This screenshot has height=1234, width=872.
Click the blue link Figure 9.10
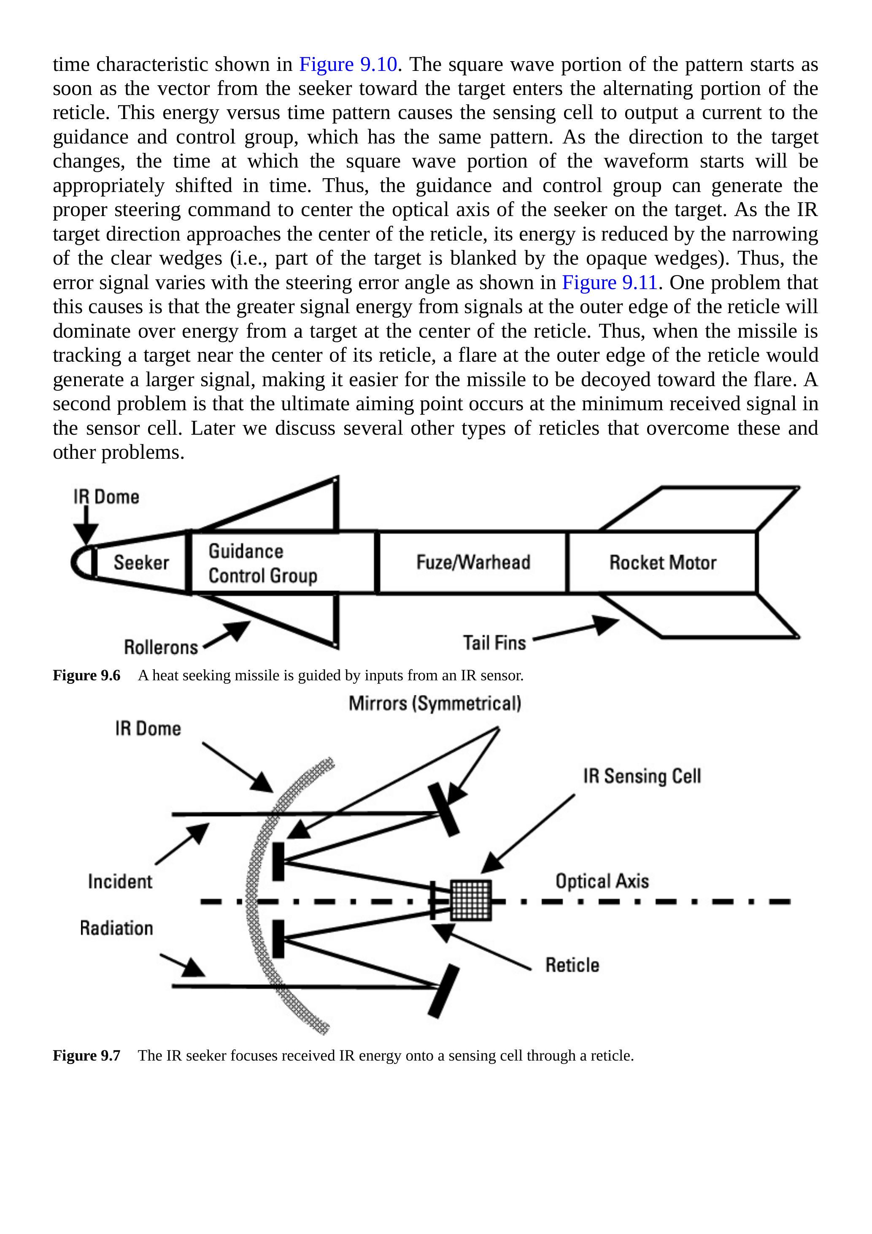click(x=348, y=65)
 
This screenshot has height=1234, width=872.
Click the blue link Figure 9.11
click(x=610, y=283)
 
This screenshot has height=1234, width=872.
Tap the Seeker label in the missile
click(x=141, y=563)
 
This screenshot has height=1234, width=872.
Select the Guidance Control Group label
click(x=263, y=563)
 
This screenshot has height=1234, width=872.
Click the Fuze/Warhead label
click(x=473, y=562)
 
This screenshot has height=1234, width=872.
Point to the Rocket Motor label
click(x=662, y=563)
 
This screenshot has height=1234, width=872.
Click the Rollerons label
click(x=161, y=647)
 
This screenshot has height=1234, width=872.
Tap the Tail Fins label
click(x=494, y=643)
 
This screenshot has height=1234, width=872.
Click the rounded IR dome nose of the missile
click(x=80, y=563)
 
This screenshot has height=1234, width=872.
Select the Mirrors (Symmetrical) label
click(x=435, y=704)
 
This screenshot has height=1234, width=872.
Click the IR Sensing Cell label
click(x=642, y=777)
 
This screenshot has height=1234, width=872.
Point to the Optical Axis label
click(x=602, y=882)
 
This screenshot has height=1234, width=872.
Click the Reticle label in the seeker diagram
click(x=572, y=965)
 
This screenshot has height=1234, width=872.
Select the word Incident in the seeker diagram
click(x=120, y=882)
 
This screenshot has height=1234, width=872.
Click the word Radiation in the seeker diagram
click(x=116, y=928)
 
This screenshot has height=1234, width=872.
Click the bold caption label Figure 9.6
click(x=86, y=676)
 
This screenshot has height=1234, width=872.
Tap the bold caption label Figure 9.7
click(x=86, y=1055)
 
